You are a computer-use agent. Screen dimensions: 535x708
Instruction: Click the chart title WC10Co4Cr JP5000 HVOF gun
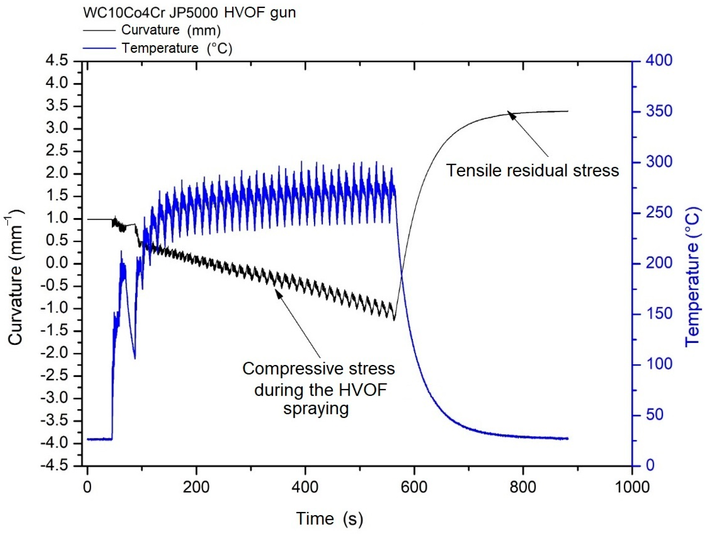[190, 13]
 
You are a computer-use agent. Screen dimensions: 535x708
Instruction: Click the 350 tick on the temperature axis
[659, 111]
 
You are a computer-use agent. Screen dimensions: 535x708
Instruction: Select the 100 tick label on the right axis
[659, 364]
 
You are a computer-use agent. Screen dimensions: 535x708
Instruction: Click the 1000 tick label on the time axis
[632, 487]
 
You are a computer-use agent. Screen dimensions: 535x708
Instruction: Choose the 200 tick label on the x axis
[196, 487]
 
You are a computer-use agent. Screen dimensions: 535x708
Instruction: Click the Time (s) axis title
[330, 518]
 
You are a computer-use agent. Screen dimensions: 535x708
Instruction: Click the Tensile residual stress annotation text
[533, 170]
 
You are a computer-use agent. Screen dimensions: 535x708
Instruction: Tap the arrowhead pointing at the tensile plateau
[511, 115]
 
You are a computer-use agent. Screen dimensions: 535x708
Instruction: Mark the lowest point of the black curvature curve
[394, 320]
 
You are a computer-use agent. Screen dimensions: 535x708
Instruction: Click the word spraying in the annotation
[316, 409]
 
